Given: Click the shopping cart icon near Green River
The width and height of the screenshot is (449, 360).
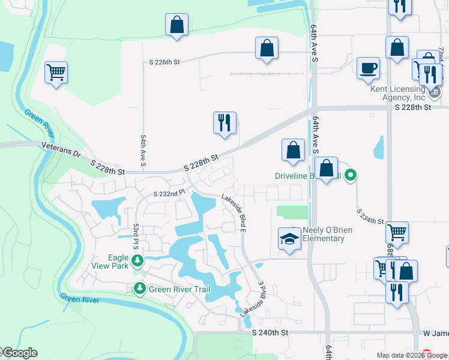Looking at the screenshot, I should click(x=56, y=73).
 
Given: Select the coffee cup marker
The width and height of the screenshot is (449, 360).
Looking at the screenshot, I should click(x=368, y=68).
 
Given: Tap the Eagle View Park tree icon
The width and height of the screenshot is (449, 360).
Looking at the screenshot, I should click(x=138, y=260).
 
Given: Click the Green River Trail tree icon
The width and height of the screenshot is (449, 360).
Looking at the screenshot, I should click(x=139, y=289).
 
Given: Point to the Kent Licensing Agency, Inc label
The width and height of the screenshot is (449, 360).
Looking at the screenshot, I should click(x=397, y=93).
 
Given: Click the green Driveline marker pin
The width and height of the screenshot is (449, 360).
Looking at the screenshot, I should click(x=352, y=176).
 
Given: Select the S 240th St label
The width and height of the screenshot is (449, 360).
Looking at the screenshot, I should click(x=270, y=332).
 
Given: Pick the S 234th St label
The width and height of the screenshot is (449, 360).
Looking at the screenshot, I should click(x=370, y=217).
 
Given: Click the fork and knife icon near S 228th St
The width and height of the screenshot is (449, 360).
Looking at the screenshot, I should click(x=224, y=124).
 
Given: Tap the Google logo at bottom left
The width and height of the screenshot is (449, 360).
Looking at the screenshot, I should click(x=19, y=353).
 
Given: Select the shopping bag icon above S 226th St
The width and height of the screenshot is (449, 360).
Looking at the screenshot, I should click(x=176, y=25).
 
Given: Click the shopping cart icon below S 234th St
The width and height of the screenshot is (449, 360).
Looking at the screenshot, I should click(x=397, y=232).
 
